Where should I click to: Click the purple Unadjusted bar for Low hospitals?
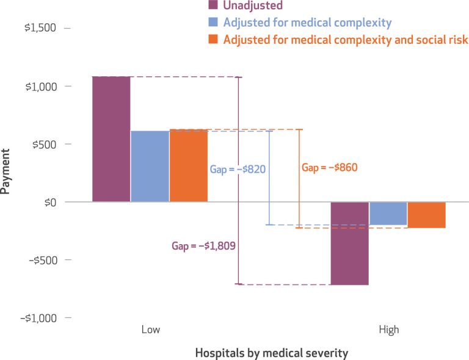tap(111, 139)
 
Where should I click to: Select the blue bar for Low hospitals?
tap(150, 166)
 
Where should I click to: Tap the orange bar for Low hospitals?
tap(188, 165)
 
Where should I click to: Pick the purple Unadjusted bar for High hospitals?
tap(349, 243)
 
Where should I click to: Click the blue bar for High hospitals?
tap(388, 214)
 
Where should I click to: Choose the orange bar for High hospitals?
tap(426, 215)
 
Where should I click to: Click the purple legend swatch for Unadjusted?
tap(213, 5)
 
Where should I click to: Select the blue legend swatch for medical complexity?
tap(213, 23)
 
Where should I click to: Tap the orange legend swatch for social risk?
tap(213, 40)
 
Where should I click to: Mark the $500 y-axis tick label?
tap(44, 144)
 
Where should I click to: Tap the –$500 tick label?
tap(42, 260)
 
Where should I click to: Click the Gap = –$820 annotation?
tap(238, 169)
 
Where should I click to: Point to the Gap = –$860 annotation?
tap(329, 167)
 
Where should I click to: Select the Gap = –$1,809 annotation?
tap(203, 246)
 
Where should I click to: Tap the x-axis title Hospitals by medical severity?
tap(272, 353)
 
